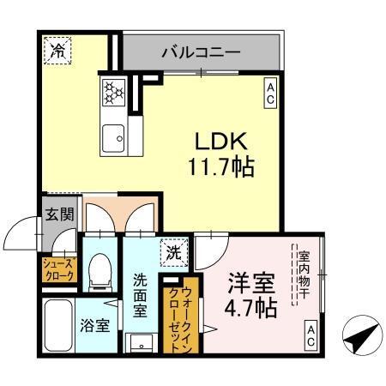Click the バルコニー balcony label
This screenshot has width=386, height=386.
coord(201,53)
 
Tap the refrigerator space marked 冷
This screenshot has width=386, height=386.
coord(57,51)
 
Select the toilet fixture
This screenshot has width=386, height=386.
coord(100,268)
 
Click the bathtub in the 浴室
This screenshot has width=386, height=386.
coord(57,330)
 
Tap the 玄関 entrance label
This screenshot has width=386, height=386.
coord(57,214)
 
